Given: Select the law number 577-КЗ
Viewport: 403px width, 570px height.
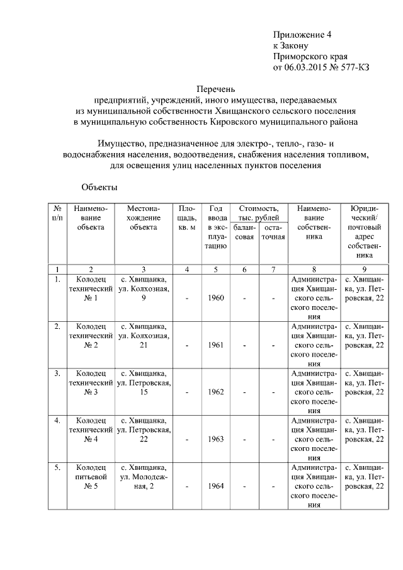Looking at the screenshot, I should (353, 67).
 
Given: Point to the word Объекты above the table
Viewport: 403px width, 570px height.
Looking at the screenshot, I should (99, 187).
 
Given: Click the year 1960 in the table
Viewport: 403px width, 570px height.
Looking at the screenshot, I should (215, 298).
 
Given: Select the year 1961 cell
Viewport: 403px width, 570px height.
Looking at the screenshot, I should (215, 345).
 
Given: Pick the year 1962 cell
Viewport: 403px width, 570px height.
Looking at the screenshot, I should (215, 392).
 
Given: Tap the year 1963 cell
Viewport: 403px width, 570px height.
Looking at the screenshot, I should (215, 440).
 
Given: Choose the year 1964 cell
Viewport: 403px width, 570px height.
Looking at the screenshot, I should (215, 487).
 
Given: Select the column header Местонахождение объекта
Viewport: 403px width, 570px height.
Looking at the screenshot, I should (144, 217).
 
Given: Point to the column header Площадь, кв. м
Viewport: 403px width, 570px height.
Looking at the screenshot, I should (187, 217).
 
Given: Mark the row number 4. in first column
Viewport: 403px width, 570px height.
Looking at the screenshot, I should (57, 419).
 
